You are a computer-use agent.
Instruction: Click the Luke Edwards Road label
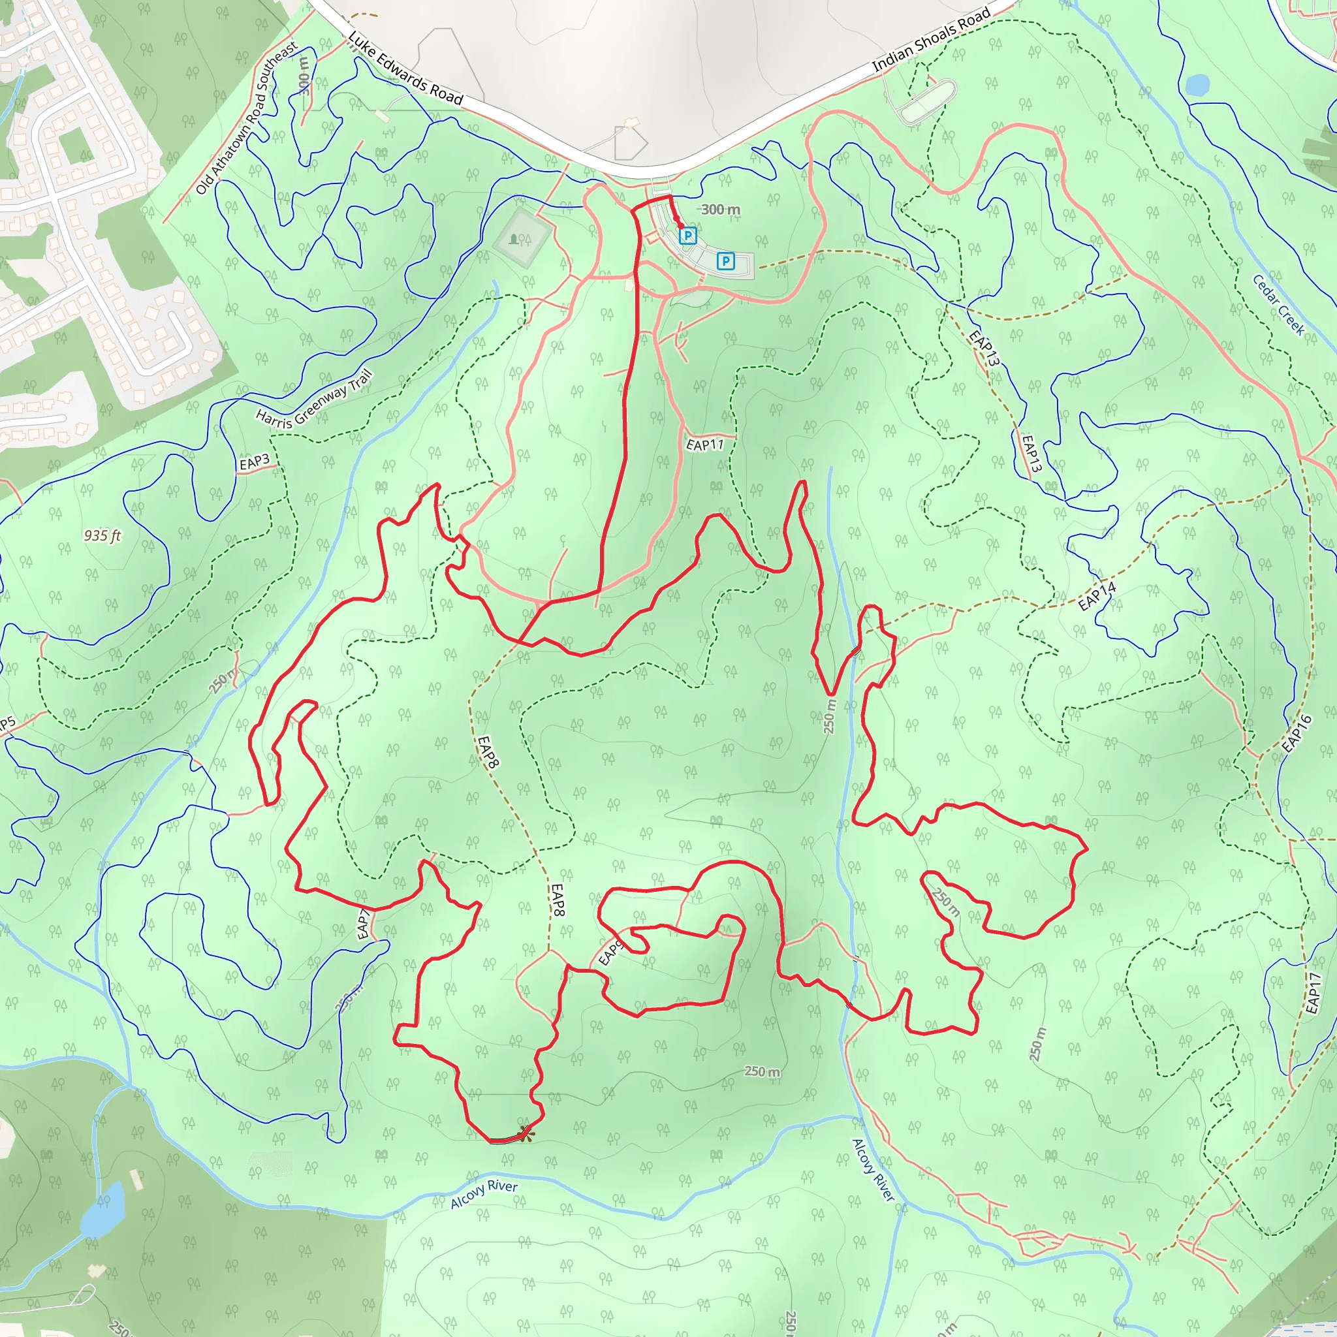pos(405,68)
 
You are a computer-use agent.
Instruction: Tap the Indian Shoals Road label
pos(931,39)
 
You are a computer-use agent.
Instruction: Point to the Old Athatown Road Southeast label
pos(247,118)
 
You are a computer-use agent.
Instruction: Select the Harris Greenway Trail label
pos(314,400)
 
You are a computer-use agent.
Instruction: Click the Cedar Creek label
pos(1278,305)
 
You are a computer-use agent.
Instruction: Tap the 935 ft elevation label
pos(102,535)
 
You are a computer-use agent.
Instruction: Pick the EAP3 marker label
pos(254,462)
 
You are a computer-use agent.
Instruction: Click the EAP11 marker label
pos(704,445)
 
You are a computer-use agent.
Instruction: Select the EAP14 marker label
pos(1097,596)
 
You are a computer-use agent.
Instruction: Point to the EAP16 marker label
pos(1296,734)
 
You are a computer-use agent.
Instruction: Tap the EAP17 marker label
pos(1313,993)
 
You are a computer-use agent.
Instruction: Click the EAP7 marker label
pos(364,925)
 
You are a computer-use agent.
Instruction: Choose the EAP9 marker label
pos(609,953)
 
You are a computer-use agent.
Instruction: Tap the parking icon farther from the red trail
pos(725,261)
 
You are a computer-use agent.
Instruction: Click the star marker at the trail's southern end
pos(526,1133)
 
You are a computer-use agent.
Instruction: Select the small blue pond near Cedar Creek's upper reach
pos(1197,85)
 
